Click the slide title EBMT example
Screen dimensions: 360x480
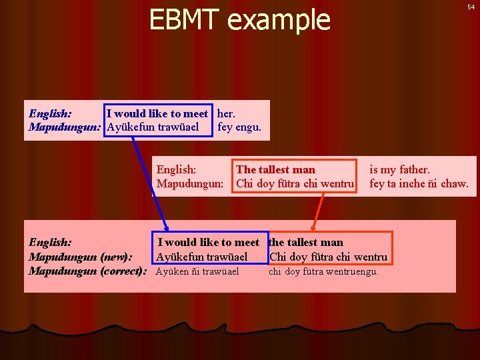[239, 20]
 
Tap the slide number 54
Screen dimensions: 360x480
[471, 7]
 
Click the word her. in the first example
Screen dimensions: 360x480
[231, 114]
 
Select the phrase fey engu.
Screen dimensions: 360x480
[239, 127]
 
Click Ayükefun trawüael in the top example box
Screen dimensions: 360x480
[153, 127]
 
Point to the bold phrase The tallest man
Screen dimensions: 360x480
[275, 169]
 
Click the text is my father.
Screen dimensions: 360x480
[399, 169]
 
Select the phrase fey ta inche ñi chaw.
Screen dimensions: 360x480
[419, 183]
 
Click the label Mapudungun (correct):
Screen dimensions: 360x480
[87, 271]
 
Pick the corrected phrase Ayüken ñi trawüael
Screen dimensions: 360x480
[197, 271]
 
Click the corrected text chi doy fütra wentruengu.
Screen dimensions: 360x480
[323, 271]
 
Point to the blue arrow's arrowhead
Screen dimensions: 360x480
[167, 227]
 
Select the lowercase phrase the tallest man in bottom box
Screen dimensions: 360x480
[306, 242]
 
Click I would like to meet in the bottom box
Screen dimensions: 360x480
[208, 242]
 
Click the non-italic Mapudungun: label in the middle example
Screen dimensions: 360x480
[189, 183]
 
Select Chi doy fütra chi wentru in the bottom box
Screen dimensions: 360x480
[328, 257]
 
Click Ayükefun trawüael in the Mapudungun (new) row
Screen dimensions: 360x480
[201, 257]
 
